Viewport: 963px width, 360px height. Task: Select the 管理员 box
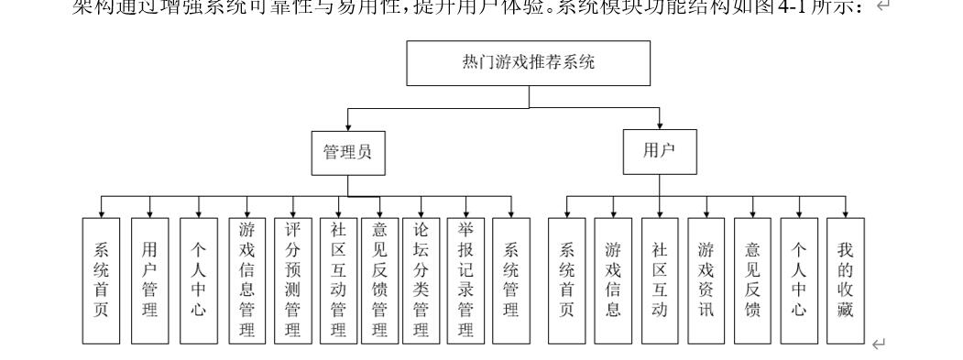click(348, 154)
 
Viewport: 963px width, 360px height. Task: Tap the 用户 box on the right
click(659, 153)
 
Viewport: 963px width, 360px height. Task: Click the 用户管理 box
click(150, 279)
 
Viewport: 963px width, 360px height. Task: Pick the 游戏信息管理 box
click(246, 279)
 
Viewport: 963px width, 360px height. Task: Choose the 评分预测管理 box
click(293, 279)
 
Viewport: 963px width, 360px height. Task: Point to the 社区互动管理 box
click(338, 279)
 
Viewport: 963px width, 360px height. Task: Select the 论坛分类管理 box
click(421, 279)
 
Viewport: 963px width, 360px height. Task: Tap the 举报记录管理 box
click(465, 279)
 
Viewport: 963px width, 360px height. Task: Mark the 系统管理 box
click(512, 279)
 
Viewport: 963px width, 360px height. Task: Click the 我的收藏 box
click(845, 279)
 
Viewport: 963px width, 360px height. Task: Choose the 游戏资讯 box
click(706, 279)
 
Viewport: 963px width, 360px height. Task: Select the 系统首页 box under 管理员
click(101, 279)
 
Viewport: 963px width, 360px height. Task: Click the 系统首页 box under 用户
click(567, 279)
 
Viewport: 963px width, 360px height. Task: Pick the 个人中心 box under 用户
click(798, 279)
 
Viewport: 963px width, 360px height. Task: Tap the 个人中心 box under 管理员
click(199, 279)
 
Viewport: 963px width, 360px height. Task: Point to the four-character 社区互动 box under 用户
click(659, 279)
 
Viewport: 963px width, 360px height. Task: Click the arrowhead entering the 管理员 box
click(348, 127)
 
